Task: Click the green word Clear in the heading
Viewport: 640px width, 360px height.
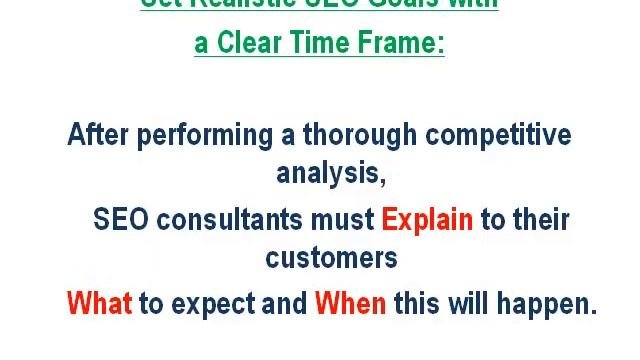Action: pos(247,44)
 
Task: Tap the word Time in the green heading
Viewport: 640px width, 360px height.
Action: pos(315,44)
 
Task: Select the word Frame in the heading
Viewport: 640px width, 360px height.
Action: pos(399,44)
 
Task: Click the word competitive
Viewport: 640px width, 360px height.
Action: pos(502,135)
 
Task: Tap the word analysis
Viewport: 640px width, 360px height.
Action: pos(331,174)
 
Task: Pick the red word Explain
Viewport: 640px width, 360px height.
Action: pos(427,220)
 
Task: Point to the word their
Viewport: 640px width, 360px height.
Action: pos(540,219)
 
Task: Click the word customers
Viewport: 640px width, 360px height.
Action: pos(331,258)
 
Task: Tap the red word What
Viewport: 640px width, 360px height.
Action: pos(98,303)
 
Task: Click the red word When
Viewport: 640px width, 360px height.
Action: pos(350,303)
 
